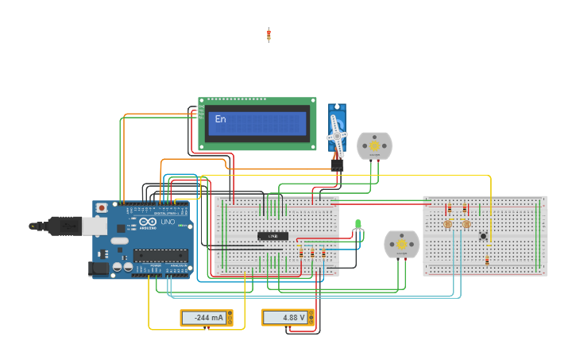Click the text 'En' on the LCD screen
point(220,119)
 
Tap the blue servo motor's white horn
point(337,136)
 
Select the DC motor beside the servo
point(374,146)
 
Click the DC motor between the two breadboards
point(401,245)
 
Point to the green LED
point(358,224)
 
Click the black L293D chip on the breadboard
point(273,236)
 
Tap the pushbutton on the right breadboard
point(483,235)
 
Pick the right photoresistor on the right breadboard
point(466,225)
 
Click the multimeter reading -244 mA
point(207,318)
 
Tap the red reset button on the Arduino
point(102,208)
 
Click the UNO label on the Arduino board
point(168,222)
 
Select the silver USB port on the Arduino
point(94,226)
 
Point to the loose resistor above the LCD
point(269,34)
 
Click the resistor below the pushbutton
point(487,260)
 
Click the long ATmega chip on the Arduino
point(160,255)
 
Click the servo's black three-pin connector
point(337,165)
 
